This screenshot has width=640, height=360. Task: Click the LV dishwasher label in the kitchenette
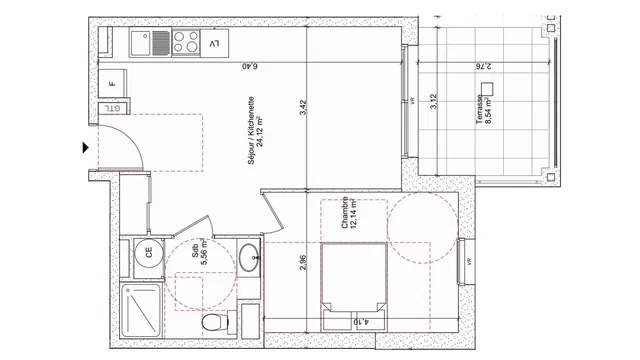(215, 43)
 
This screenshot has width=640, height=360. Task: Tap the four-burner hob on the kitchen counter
(185, 42)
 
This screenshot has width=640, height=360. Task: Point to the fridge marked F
(112, 85)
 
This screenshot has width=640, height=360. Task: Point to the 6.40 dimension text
(249, 67)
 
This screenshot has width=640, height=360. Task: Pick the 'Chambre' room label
(344, 214)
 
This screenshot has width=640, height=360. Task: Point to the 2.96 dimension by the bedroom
(303, 265)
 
